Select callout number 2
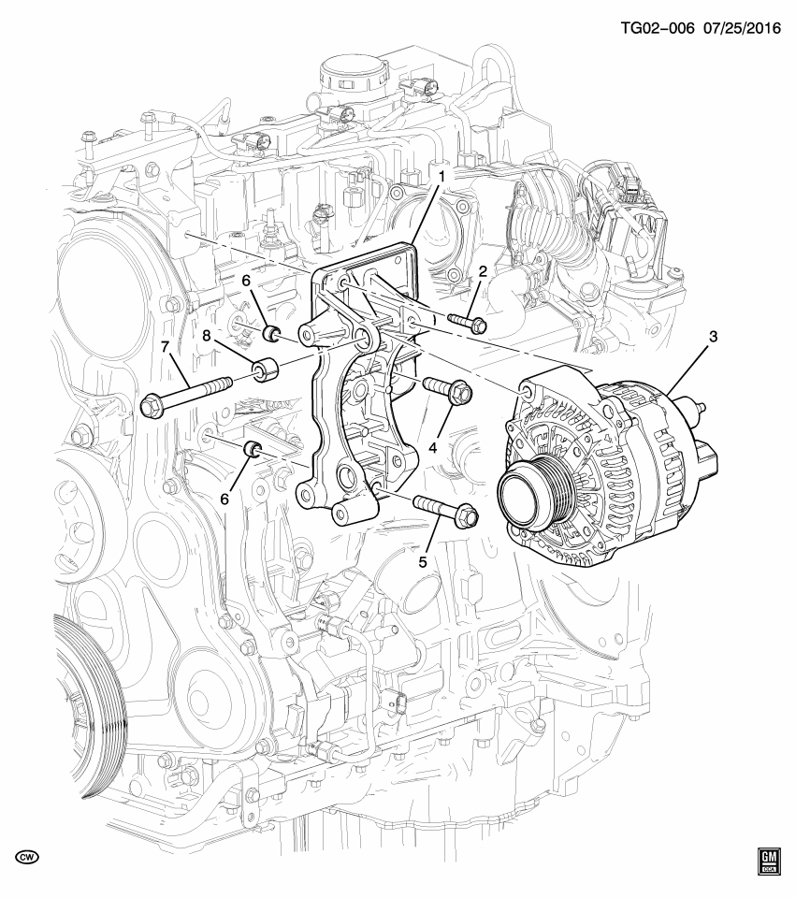click(x=483, y=272)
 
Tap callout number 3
click(x=713, y=336)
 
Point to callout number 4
click(x=434, y=448)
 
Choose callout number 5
click(x=423, y=561)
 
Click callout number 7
click(x=165, y=348)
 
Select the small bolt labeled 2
click(x=465, y=323)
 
